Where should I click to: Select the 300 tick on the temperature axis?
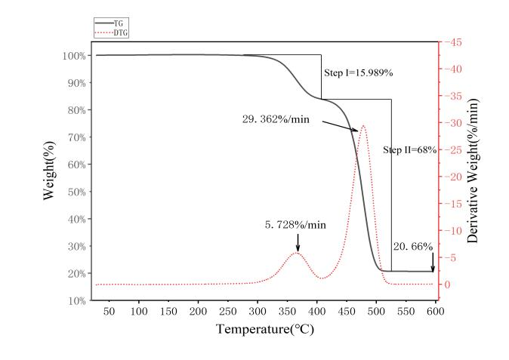pyautogui.click(x=258, y=311)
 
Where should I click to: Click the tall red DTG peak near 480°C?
pyautogui.click(x=363, y=126)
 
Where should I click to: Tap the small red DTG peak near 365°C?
pyautogui.click(x=297, y=253)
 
